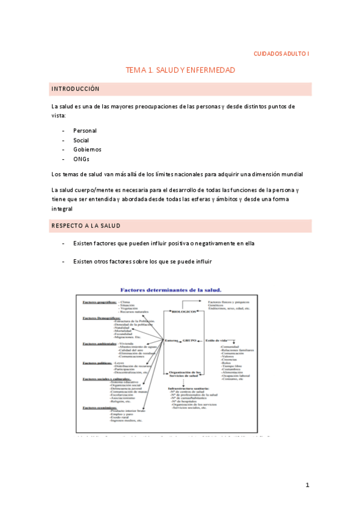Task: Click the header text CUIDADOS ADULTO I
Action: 281,54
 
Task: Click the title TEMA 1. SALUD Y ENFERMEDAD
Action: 180,70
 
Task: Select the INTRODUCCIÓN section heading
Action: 75,88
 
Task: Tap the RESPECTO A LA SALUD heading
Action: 86,226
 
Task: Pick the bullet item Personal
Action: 85,131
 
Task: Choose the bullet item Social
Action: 81,140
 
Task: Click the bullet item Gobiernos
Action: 87,150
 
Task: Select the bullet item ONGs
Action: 81,159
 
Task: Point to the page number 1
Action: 307,485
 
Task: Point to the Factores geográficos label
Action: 99,301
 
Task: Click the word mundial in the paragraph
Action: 290,174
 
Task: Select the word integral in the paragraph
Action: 62,209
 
